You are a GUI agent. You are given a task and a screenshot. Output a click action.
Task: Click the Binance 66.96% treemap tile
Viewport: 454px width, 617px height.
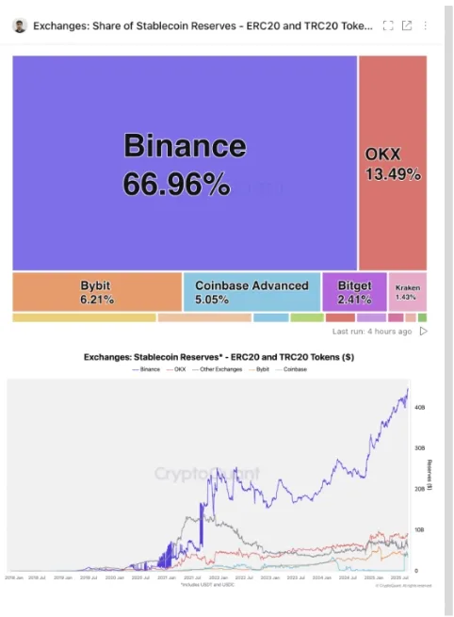pyautogui.click(x=185, y=162)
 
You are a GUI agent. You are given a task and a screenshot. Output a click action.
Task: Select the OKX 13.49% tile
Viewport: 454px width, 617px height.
pyautogui.click(x=392, y=162)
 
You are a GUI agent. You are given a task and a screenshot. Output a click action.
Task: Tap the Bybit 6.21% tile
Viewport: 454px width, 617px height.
pyautogui.click(x=97, y=292)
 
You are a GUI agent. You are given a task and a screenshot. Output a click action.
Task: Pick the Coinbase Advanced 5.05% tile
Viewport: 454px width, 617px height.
pyautogui.click(x=251, y=292)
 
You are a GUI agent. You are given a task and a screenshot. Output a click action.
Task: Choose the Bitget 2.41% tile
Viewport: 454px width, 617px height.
pyautogui.click(x=354, y=292)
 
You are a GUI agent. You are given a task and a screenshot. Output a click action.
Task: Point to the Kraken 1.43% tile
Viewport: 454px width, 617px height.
pyautogui.click(x=407, y=292)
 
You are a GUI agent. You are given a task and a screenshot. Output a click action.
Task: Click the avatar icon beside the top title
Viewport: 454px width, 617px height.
pyautogui.click(x=20, y=25)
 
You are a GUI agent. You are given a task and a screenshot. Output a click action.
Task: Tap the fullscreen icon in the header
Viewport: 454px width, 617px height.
pyautogui.click(x=388, y=25)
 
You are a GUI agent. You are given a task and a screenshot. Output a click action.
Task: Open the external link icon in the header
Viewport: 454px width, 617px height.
pyautogui.click(x=407, y=25)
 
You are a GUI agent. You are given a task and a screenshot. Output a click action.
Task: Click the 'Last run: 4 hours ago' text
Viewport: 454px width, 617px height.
pyautogui.click(x=372, y=332)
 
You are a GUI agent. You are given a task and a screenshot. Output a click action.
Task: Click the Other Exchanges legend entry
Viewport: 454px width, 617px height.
pyautogui.click(x=219, y=369)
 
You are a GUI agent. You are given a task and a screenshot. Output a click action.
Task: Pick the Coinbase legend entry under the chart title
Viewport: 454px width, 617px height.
pyautogui.click(x=294, y=369)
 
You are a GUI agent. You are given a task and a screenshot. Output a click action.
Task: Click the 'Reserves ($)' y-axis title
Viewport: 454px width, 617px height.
pyautogui.click(x=430, y=476)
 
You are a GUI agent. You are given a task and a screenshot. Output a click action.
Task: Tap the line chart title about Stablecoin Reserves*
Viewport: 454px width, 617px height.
pyautogui.click(x=219, y=357)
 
